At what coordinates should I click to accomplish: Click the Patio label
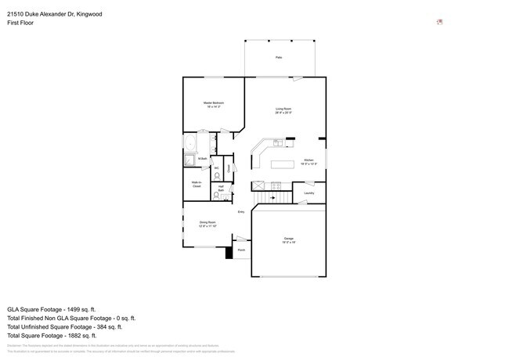pyautogui.click(x=278, y=58)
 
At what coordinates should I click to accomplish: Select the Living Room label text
pyautogui.click(x=283, y=110)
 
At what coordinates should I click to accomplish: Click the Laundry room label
pyautogui.click(x=309, y=193)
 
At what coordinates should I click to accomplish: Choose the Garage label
pyautogui.click(x=288, y=240)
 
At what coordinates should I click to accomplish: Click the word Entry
pyautogui.click(x=241, y=212)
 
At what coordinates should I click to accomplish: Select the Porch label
pyautogui.click(x=241, y=250)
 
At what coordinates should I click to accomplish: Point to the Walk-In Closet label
pyautogui.click(x=197, y=185)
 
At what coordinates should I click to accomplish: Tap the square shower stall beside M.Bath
pyautogui.click(x=190, y=160)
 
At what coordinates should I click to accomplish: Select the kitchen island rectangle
pyautogui.click(x=282, y=164)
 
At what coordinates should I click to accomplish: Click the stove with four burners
pyautogui.click(x=276, y=185)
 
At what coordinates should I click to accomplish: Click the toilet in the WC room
pyautogui.click(x=217, y=175)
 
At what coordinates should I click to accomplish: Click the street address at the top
pyautogui.click(x=54, y=14)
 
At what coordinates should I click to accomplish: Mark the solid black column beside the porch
pyautogui.click(x=229, y=253)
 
